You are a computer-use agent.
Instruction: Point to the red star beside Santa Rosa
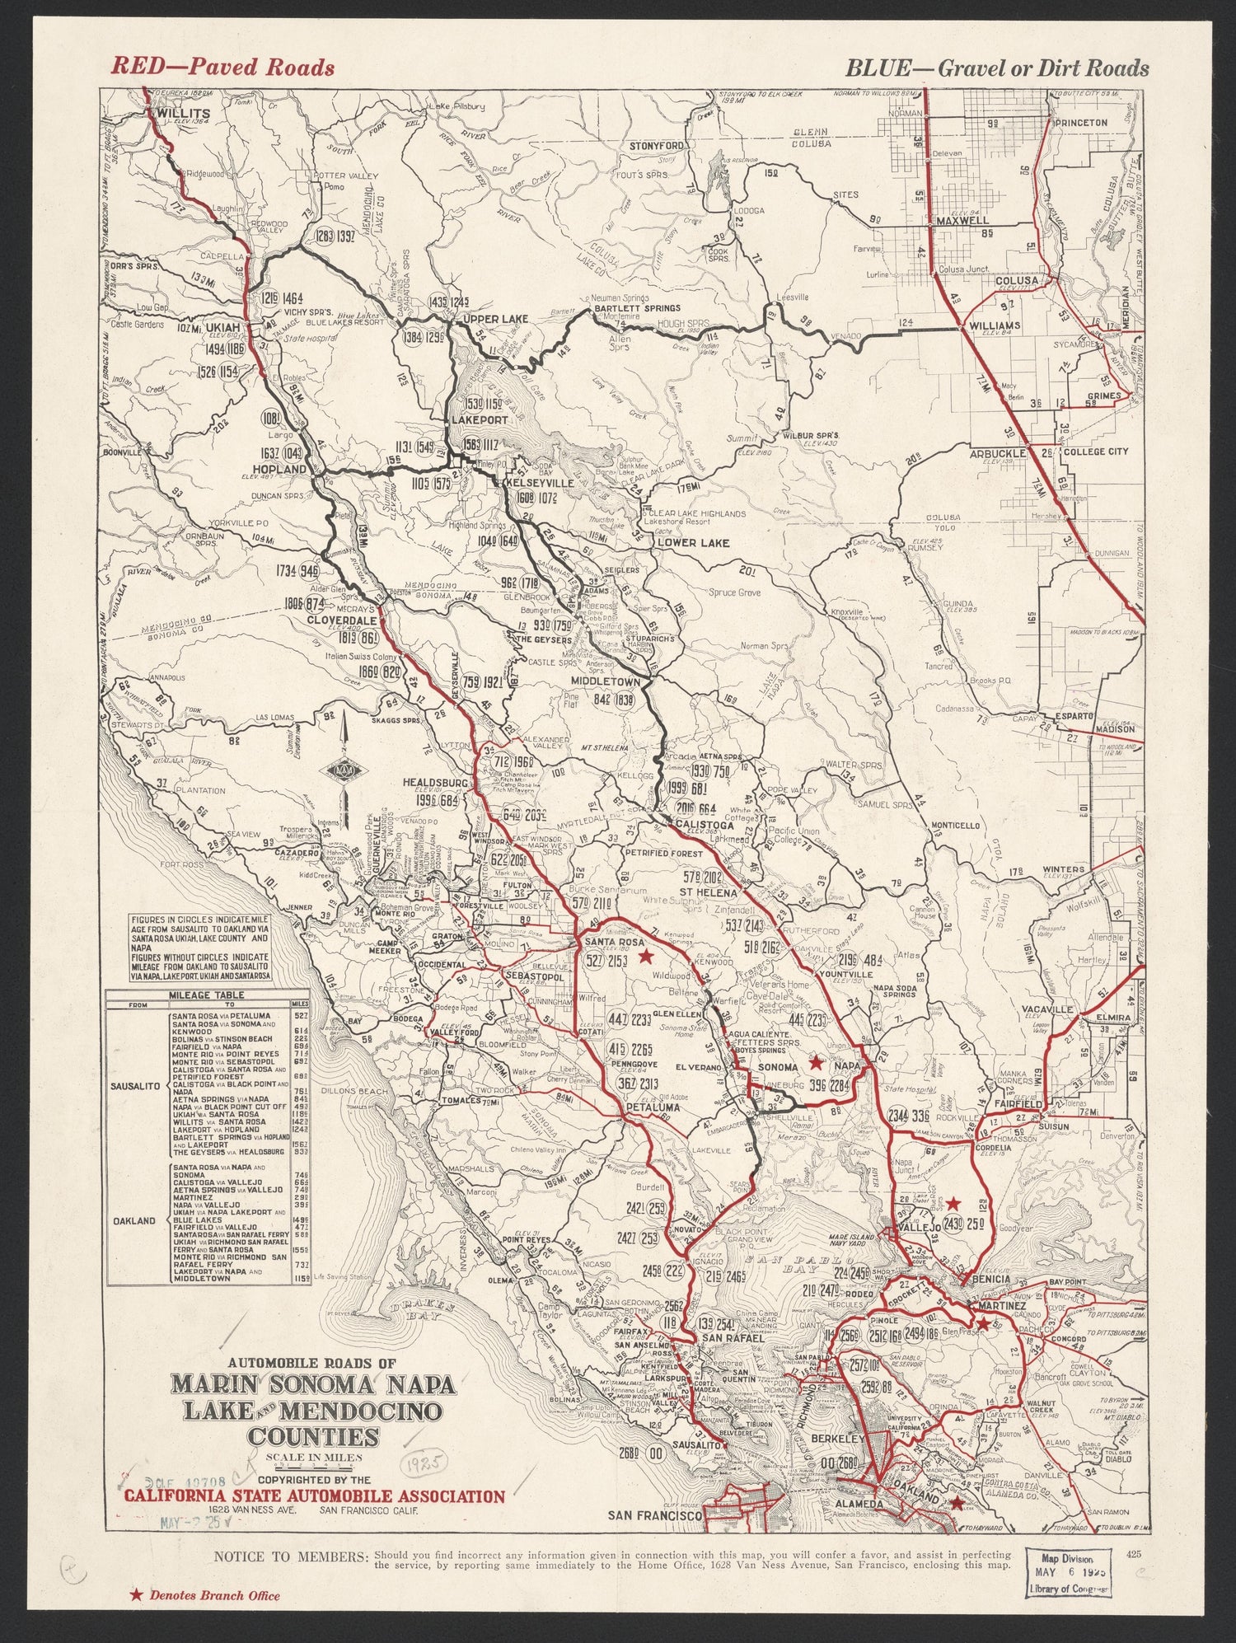[x=647, y=956]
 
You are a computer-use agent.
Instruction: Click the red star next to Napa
[x=816, y=1064]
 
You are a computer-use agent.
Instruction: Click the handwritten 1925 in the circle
[x=424, y=1462]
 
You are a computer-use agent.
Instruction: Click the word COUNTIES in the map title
[x=316, y=1438]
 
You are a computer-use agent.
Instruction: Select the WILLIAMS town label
[x=995, y=325]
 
